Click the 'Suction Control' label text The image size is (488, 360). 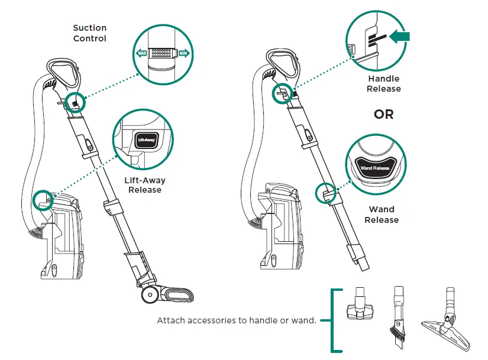(90, 33)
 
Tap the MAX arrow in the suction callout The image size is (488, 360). (142, 53)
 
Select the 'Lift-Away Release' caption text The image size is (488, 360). (145, 185)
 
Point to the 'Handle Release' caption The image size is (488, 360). (383, 84)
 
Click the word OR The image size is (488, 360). (383, 115)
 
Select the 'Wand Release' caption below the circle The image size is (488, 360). (382, 215)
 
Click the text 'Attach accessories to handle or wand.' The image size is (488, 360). (237, 321)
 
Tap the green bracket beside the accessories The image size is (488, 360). (335, 320)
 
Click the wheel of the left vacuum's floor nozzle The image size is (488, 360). (149, 294)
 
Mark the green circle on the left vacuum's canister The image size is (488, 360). (44, 199)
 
